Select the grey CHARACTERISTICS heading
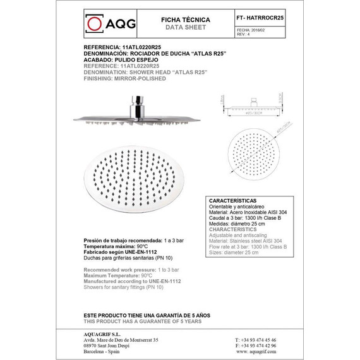[x=236, y=230]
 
